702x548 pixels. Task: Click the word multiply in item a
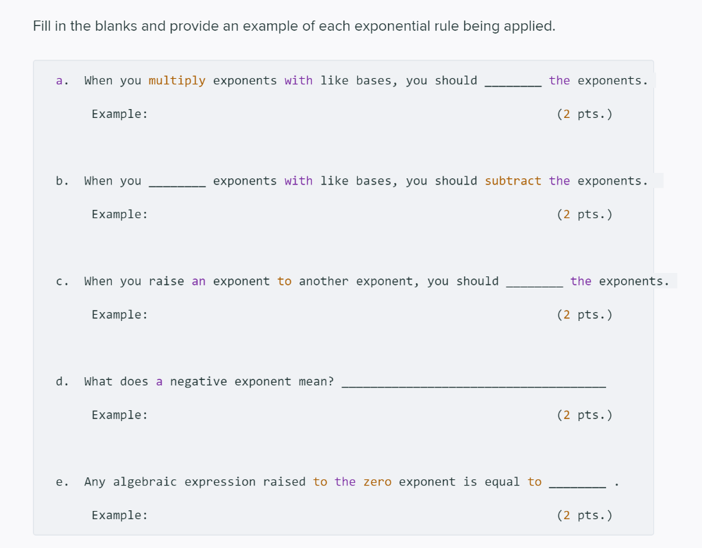coord(177,81)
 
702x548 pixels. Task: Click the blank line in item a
coord(513,84)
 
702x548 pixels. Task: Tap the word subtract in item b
coord(513,181)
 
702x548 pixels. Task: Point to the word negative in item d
coord(198,381)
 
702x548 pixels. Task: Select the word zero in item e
coord(377,481)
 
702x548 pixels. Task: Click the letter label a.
coord(60,81)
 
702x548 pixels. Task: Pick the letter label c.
coord(60,281)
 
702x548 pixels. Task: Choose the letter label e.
coord(60,481)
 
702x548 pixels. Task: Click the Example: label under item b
coord(120,215)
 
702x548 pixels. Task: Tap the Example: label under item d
coord(120,415)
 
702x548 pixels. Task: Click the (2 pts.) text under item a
coord(585,115)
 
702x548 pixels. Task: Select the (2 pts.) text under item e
coord(585,515)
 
